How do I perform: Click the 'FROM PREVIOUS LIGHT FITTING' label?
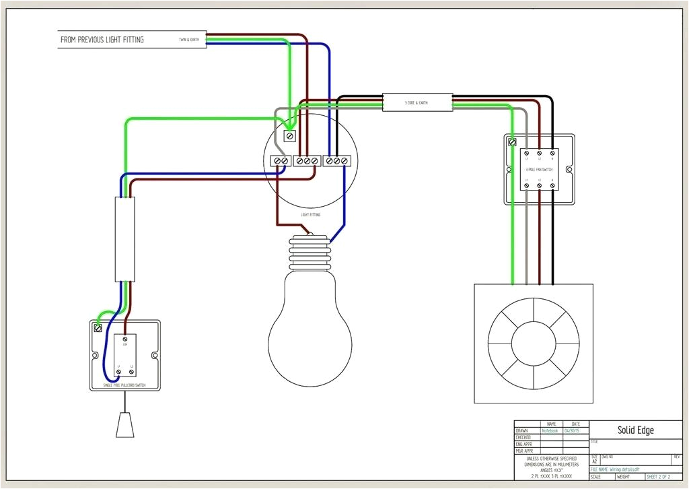102,40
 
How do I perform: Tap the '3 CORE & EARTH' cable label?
416,102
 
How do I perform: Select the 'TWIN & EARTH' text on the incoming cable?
188,40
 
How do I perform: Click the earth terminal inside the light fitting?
289,137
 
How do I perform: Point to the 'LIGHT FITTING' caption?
310,215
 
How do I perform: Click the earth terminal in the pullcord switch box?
99,329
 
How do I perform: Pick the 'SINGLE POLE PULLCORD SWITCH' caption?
125,385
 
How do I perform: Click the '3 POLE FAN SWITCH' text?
539,169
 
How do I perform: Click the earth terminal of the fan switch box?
512,142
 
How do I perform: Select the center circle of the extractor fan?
534,343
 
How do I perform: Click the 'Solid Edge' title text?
635,430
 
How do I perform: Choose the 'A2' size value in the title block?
594,461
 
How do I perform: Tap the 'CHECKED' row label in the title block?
523,437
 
